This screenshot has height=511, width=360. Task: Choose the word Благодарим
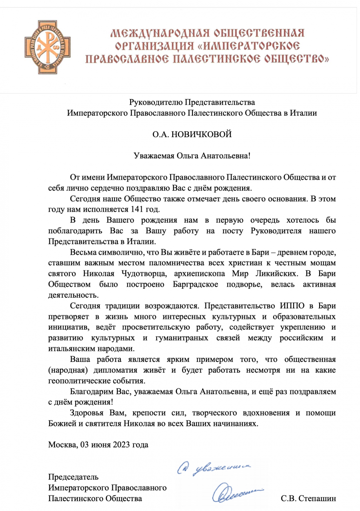point(91,391)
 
